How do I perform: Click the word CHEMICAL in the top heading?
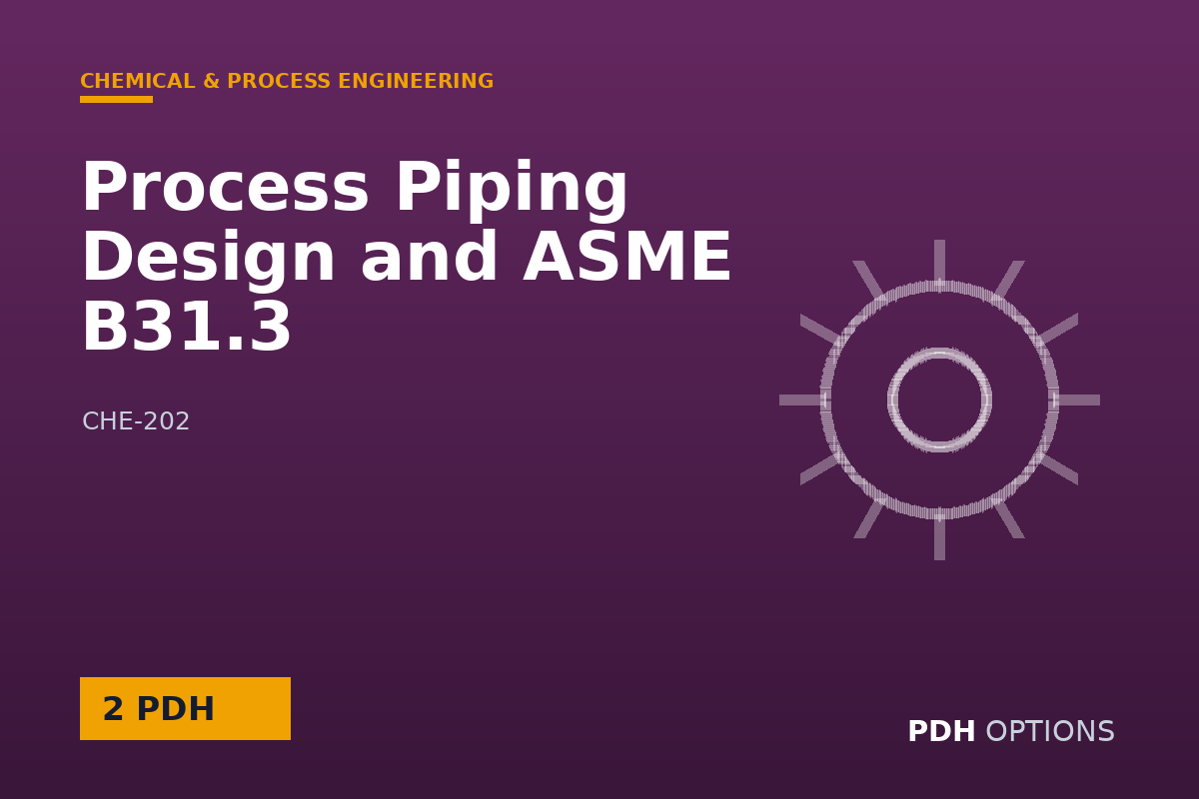[138, 81]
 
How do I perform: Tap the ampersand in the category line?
[212, 81]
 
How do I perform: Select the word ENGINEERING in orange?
[416, 81]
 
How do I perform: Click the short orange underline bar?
[116, 100]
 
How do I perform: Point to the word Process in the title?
[225, 187]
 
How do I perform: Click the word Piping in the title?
[512, 191]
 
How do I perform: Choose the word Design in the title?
[208, 260]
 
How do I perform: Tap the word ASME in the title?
[627, 257]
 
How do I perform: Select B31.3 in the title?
[186, 327]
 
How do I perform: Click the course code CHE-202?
[136, 421]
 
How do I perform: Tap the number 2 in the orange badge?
[113, 708]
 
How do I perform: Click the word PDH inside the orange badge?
[176, 708]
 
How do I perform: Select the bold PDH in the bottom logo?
[941, 731]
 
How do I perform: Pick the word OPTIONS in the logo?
[1050, 731]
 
